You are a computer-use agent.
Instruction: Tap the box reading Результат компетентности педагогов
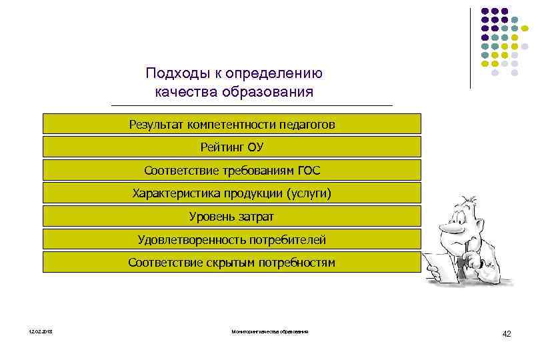coord(232,124)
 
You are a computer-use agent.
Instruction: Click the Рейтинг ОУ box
coord(232,147)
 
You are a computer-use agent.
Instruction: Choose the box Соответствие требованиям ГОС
coord(232,170)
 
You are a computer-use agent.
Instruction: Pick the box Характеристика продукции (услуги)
coord(232,193)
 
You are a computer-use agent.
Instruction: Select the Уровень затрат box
coord(232,216)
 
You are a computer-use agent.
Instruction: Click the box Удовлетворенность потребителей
coord(232,239)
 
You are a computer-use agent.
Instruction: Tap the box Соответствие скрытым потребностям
coord(232,262)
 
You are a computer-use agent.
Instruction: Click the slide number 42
coord(507,334)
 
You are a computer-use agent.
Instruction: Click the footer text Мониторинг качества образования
coord(270,332)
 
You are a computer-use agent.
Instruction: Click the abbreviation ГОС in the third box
coord(307,171)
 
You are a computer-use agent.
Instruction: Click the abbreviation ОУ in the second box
coord(255,147)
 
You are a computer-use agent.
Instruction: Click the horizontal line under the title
coord(252,105)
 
